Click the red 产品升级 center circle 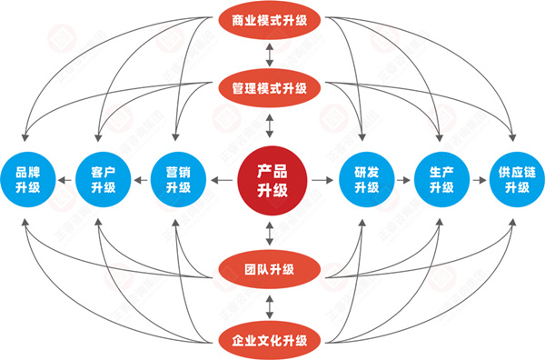tap(271, 180)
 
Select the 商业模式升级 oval tap(270, 19)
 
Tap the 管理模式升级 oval tap(270, 89)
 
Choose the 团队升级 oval tap(270, 269)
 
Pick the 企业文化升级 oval tap(270, 340)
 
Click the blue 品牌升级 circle tap(28, 180)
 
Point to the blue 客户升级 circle tap(103, 180)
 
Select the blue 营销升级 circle tap(178, 180)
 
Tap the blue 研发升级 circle tap(366, 180)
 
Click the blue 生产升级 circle tap(441, 180)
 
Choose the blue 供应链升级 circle tap(516, 180)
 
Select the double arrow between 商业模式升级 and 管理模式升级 tap(270, 55)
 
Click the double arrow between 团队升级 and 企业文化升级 tap(270, 305)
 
